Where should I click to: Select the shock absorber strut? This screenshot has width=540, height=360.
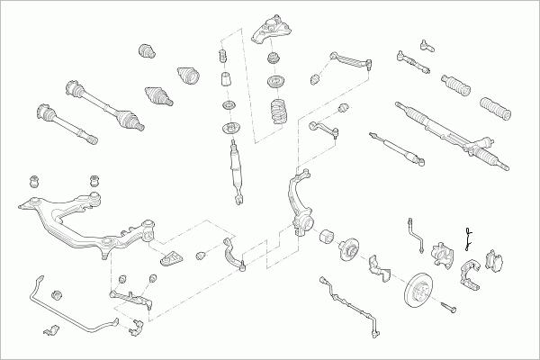[x=235, y=163]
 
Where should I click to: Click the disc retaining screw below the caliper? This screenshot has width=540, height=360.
[x=450, y=310]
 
